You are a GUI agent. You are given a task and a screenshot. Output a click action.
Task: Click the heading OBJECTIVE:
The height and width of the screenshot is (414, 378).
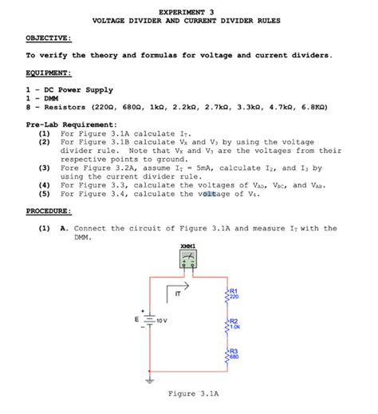point(49,37)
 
